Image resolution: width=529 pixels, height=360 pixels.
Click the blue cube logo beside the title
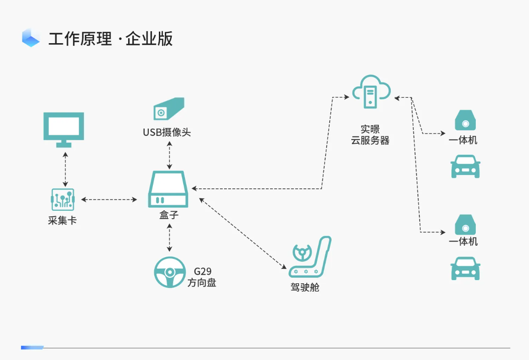click(31, 38)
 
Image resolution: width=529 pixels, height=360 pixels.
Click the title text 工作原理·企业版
click(111, 39)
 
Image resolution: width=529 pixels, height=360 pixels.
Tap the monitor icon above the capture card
click(63, 129)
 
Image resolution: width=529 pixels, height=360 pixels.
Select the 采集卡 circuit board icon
click(62, 200)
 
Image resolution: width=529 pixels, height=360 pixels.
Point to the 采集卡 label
click(62, 220)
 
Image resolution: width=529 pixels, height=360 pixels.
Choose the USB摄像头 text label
click(167, 133)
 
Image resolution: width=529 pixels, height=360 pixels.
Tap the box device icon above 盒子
click(168, 189)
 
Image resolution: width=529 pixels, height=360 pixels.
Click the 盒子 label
click(169, 215)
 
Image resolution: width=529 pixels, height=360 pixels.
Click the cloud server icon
click(371, 92)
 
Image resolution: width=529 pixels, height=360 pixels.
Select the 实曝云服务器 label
click(370, 135)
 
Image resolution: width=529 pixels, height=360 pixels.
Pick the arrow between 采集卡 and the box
click(109, 199)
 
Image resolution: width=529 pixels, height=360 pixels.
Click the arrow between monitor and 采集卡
click(65, 169)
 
